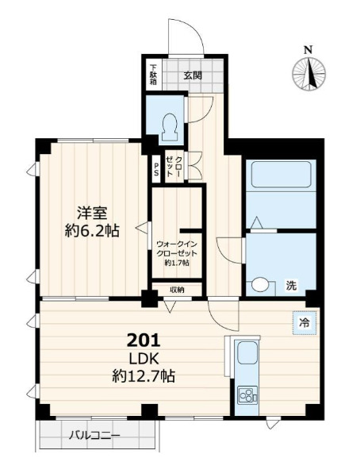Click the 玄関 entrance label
tap(193, 75)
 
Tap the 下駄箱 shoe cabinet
tap(153, 75)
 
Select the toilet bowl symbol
tap(170, 127)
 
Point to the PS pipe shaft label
tap(156, 168)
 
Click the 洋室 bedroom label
tap(92, 213)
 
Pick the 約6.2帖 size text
tap(92, 231)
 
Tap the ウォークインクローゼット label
tap(177, 248)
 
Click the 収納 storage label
tap(177, 290)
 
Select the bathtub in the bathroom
tap(281, 175)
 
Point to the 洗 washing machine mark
tap(291, 285)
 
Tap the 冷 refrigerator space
tap(304, 323)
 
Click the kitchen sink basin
tap(247, 352)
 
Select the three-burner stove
tap(247, 395)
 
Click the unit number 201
tap(144, 341)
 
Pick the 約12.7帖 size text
tap(144, 376)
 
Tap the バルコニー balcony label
tap(94, 436)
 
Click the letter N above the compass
tap(308, 50)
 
